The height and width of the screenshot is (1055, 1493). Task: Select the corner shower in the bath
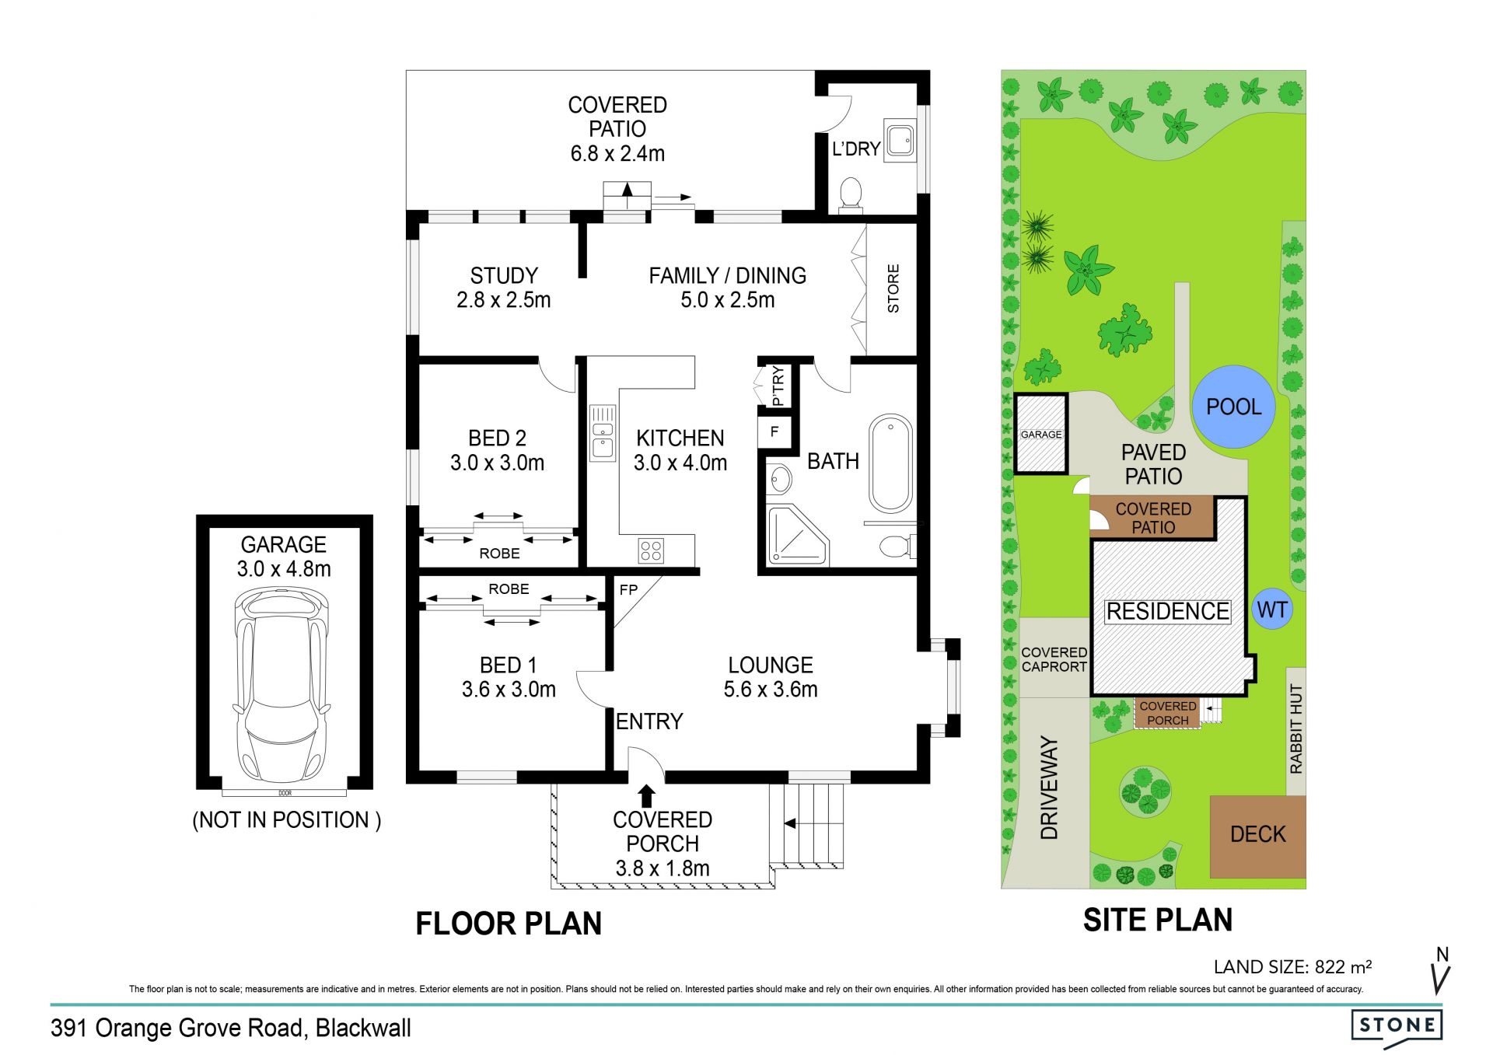pos(796,535)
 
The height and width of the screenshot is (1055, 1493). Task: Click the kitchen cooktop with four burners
pos(651,550)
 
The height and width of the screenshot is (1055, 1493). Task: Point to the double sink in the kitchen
pos(603,432)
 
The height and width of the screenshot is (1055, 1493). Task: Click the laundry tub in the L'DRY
pos(900,138)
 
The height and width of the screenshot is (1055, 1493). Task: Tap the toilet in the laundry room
pos(851,195)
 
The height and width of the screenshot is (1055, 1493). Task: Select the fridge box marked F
pos(774,431)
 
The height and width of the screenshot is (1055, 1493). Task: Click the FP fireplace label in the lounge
pos(628,589)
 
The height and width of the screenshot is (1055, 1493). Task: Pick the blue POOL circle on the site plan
pos(1233,406)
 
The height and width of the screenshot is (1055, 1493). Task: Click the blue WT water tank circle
pos(1272,610)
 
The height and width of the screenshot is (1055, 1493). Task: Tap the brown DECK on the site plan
pos(1257,837)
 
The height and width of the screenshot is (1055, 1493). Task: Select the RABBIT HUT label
pos(1295,729)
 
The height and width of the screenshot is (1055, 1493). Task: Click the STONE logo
pos(1397,1025)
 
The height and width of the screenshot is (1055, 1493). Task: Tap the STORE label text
pos(893,288)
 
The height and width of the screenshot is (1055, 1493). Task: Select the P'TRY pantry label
pos(778,386)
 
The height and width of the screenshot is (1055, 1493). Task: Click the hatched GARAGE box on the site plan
pos(1040,434)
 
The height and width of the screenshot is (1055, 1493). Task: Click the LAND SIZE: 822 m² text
pos(1292,967)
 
